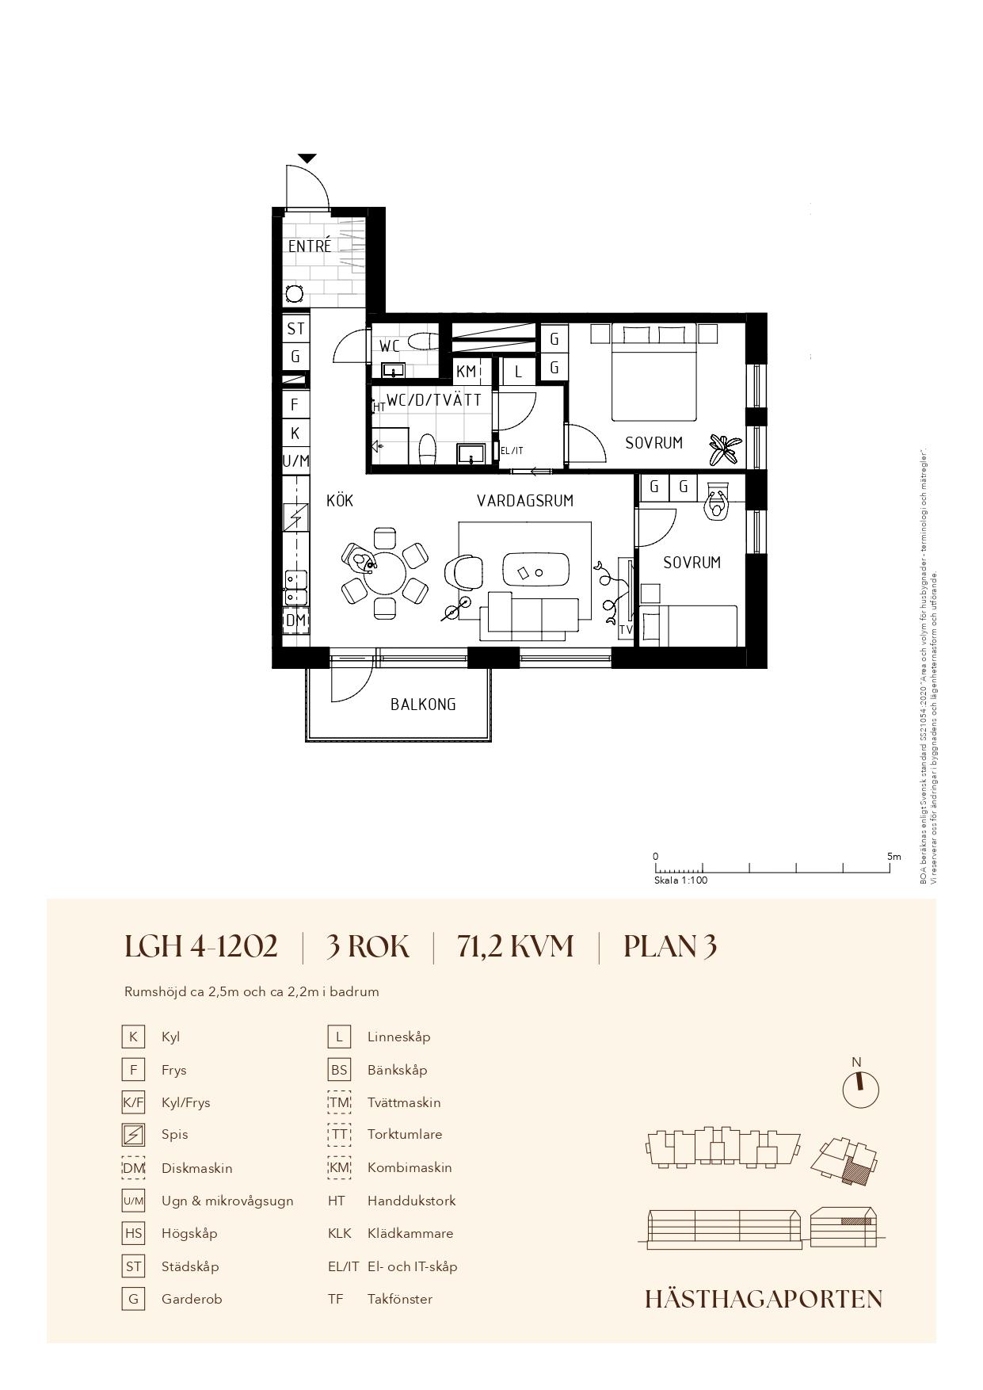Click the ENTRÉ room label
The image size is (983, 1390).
(x=310, y=246)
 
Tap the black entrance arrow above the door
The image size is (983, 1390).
(x=307, y=158)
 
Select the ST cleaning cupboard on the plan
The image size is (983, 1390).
(x=295, y=328)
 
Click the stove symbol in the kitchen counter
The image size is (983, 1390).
(x=295, y=518)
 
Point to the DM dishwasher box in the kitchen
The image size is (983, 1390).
(x=295, y=620)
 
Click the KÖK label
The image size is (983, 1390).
(x=340, y=501)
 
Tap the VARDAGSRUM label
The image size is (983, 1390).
(x=525, y=501)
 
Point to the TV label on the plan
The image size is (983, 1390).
(x=626, y=630)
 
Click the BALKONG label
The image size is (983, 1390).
(x=423, y=704)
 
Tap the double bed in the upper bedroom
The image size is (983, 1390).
(x=653, y=372)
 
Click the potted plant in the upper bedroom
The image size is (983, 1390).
(x=725, y=449)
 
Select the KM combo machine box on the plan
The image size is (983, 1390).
(x=467, y=371)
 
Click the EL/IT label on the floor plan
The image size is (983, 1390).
(x=512, y=451)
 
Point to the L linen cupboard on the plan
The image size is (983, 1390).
(x=519, y=371)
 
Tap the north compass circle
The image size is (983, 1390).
(x=860, y=1090)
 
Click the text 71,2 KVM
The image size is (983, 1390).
(x=515, y=947)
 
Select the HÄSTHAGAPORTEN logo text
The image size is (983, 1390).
(x=764, y=1299)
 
